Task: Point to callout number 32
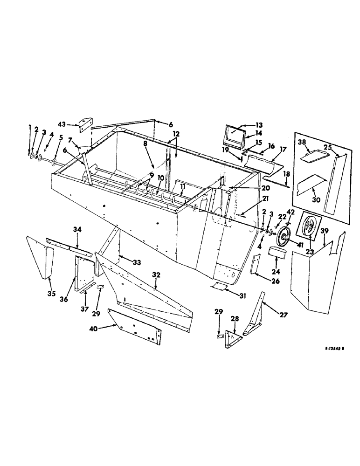pyautogui.click(x=156, y=275)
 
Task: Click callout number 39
pyautogui.click(x=325, y=231)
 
